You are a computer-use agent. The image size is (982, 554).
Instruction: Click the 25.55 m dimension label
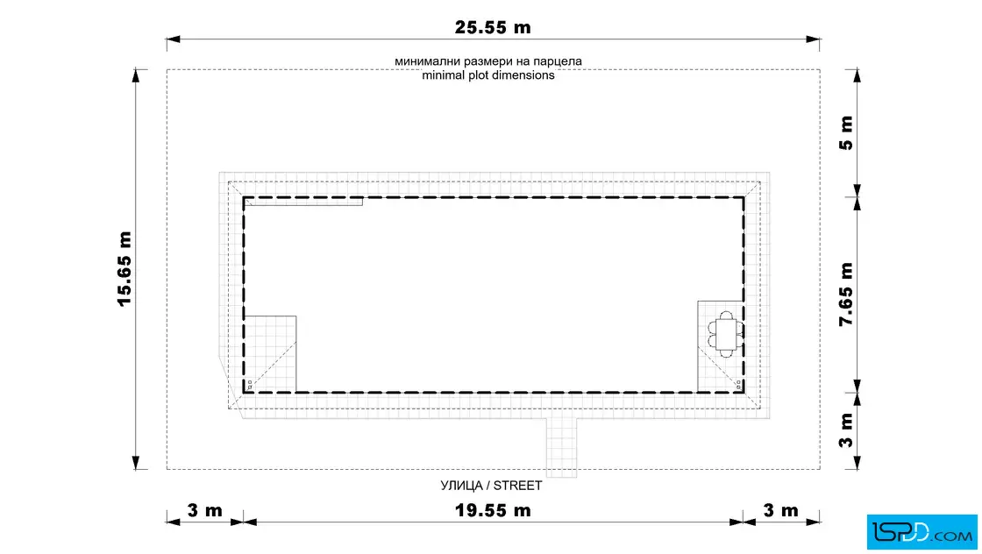click(x=493, y=27)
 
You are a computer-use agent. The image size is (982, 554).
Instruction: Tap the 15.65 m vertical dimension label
click(x=125, y=269)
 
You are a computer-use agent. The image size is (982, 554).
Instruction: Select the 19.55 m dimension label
click(x=493, y=510)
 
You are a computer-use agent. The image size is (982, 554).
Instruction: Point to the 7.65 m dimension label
click(x=846, y=295)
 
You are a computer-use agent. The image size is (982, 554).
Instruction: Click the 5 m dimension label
click(x=846, y=132)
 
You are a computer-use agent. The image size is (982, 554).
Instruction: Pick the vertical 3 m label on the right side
click(x=846, y=430)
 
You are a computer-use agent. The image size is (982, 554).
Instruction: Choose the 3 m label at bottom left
click(x=205, y=510)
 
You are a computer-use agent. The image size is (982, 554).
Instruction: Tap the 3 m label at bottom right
click(x=781, y=510)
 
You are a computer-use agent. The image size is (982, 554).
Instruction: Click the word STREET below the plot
click(x=517, y=486)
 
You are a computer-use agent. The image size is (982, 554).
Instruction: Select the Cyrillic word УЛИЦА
click(x=461, y=486)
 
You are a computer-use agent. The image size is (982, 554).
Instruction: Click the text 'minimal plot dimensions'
click(x=487, y=75)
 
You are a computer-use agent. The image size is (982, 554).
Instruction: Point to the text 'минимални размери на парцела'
click(x=487, y=61)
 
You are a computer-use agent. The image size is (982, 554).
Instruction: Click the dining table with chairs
click(x=726, y=334)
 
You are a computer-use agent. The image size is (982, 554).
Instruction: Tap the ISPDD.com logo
click(x=922, y=532)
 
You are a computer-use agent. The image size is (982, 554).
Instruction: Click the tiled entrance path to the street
click(x=561, y=447)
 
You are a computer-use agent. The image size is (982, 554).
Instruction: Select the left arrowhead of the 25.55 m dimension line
click(x=174, y=39)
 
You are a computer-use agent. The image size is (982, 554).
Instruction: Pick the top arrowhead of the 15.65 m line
click(x=136, y=75)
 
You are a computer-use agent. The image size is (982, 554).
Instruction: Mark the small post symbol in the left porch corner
click(x=250, y=385)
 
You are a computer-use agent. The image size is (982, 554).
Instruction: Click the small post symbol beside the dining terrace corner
click(x=739, y=385)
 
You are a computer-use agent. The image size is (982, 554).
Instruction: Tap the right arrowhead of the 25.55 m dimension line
click(x=813, y=39)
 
